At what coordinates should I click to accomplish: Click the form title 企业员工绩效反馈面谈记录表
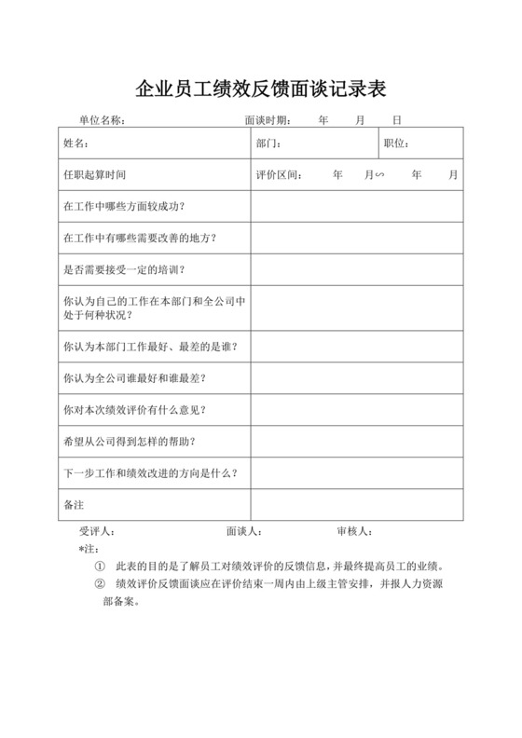(261, 89)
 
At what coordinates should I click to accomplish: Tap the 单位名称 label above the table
(102, 120)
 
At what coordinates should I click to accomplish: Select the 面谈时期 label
(268, 120)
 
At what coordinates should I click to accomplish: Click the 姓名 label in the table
(76, 143)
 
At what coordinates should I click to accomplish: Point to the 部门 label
(268, 143)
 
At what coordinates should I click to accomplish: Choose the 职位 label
(396, 143)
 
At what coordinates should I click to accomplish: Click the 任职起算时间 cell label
(94, 174)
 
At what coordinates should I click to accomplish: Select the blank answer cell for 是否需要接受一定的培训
(356, 269)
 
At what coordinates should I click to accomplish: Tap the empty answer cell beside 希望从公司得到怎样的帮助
(356, 440)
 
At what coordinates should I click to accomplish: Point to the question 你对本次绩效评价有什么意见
(133, 409)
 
